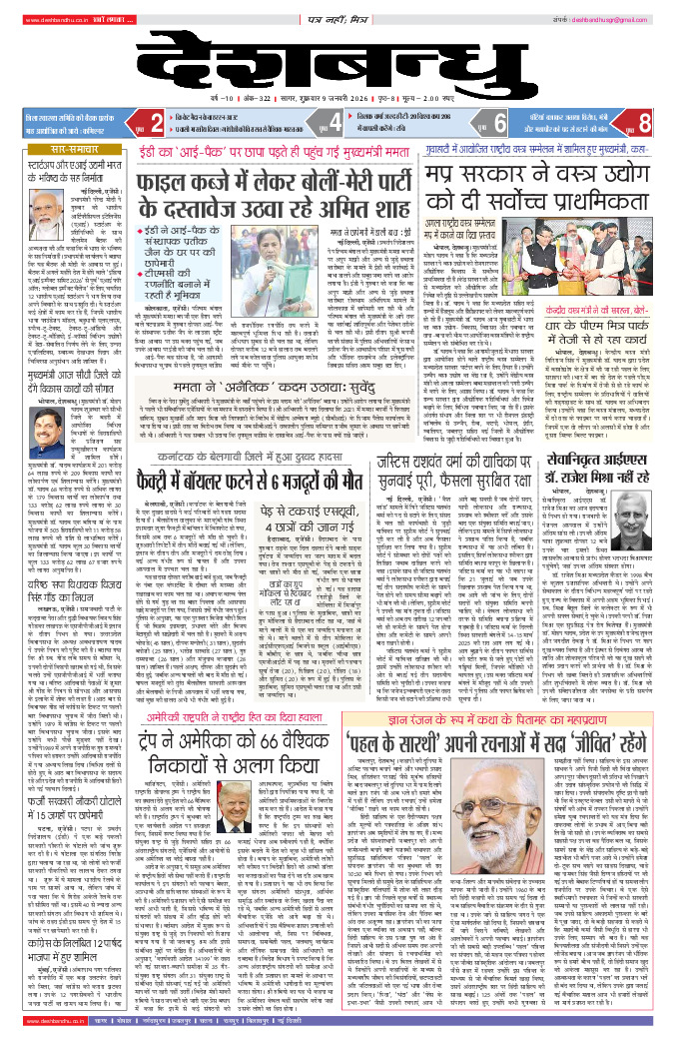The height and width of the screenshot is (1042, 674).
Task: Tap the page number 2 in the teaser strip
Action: tap(156, 123)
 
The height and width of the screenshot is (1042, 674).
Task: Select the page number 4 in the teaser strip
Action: tap(335, 123)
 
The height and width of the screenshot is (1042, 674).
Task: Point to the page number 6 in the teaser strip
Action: tap(499, 123)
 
